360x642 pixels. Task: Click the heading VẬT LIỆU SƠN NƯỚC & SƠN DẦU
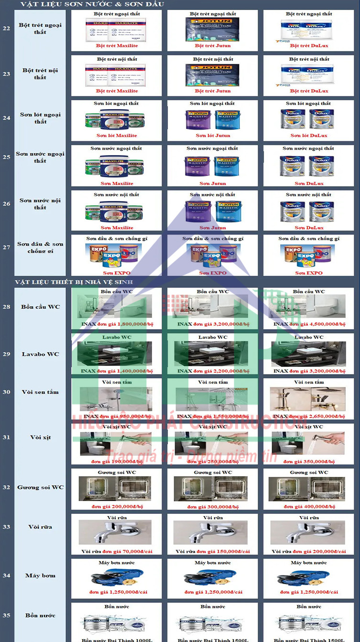pos(92,4)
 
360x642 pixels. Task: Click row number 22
pos(6,28)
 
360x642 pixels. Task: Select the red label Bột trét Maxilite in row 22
pos(117,45)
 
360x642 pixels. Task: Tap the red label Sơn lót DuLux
pos(309,135)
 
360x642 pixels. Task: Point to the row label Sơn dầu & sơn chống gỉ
pos(40,247)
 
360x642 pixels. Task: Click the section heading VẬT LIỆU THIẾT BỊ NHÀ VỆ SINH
pos(74,282)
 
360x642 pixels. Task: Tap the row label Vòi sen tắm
pos(40,392)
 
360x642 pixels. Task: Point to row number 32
pos(6,487)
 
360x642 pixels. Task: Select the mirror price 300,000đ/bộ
pos(213,506)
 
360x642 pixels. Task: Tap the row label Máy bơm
pos(40,576)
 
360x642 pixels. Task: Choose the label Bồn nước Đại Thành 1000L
pos(117,639)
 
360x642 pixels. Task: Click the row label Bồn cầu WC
pos(40,307)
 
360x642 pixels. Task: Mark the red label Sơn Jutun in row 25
pos(213,183)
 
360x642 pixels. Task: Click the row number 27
pos(6,247)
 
